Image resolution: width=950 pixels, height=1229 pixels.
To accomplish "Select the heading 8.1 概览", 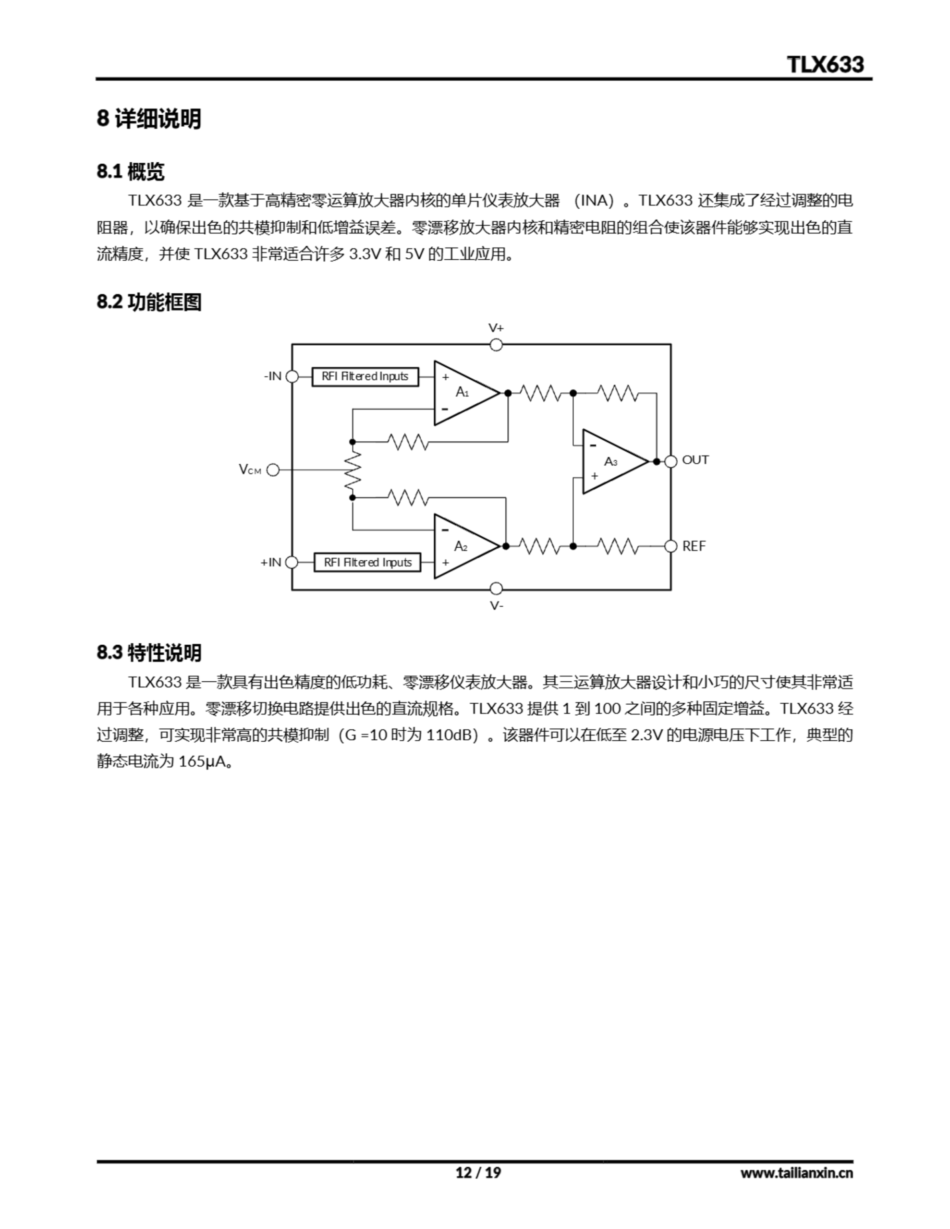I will pyautogui.click(x=131, y=172).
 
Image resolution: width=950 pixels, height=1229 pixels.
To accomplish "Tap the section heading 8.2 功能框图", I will pyautogui.click(x=149, y=302).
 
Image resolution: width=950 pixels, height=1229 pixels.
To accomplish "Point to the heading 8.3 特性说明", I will pyautogui.click(x=149, y=653).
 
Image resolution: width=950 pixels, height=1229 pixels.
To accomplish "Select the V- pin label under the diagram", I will pyautogui.click(x=496, y=605).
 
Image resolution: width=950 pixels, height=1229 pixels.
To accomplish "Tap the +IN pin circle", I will pyautogui.click(x=292, y=562).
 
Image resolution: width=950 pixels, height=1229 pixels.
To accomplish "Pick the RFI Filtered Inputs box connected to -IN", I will pyautogui.click(x=365, y=376).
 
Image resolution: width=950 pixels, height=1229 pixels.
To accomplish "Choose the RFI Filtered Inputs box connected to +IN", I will pyautogui.click(x=367, y=562).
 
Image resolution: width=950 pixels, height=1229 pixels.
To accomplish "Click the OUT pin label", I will pyautogui.click(x=695, y=460).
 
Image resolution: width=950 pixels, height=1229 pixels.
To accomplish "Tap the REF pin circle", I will pyautogui.click(x=670, y=546).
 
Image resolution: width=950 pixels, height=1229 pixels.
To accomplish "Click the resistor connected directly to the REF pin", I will pyautogui.click(x=617, y=546).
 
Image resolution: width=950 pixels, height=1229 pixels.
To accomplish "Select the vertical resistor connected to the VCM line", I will pyautogui.click(x=353, y=470).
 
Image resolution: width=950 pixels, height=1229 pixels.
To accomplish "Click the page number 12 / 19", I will pyautogui.click(x=478, y=1173).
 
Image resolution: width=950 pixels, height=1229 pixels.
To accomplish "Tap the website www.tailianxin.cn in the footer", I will pyautogui.click(x=796, y=1173).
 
